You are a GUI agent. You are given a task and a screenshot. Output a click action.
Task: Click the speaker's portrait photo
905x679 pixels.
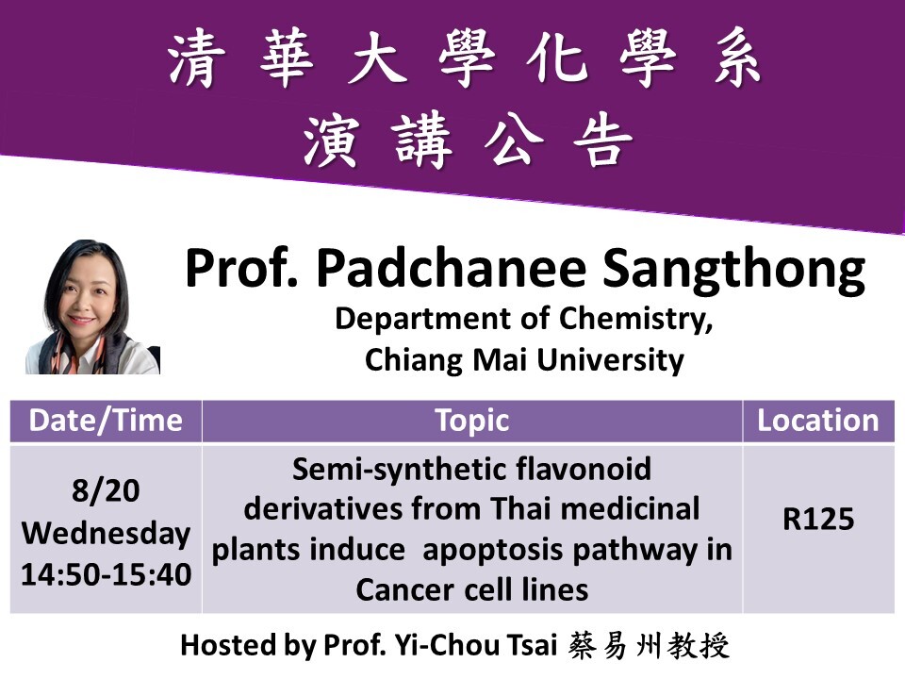(93, 306)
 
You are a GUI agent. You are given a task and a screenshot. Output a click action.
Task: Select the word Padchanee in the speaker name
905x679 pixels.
(452, 268)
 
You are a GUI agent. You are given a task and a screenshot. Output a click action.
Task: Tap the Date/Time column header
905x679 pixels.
(106, 421)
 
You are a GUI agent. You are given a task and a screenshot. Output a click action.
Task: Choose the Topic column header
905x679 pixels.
(472, 422)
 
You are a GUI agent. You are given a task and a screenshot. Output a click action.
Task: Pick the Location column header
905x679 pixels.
(818, 421)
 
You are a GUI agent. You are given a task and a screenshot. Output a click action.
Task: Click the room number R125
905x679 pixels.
(818, 519)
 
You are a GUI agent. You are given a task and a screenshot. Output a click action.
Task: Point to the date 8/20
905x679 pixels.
(106, 490)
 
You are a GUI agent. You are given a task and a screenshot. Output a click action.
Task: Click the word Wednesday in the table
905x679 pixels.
(107, 533)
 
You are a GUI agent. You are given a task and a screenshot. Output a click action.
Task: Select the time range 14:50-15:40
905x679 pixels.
(107, 574)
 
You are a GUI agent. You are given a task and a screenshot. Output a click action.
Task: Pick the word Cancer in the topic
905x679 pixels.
(405, 590)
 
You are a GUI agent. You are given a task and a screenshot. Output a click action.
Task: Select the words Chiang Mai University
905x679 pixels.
(524, 360)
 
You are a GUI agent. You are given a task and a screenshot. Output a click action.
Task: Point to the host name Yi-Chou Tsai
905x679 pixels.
(475, 645)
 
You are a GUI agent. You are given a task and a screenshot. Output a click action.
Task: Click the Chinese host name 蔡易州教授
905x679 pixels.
(649, 645)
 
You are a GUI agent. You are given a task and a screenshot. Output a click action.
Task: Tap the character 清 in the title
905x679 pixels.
(196, 59)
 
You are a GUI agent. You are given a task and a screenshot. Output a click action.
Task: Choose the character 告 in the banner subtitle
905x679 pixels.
(602, 140)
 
